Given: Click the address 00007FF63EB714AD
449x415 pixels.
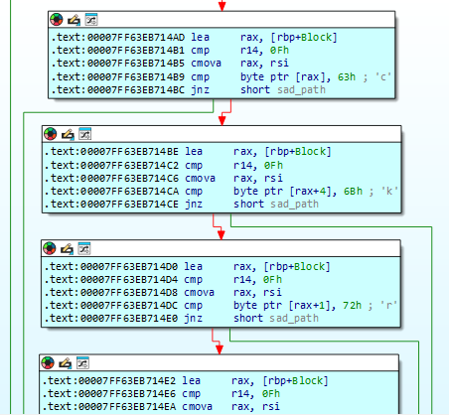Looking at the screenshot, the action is coord(136,37).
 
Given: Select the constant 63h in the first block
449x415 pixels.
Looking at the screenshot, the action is coord(347,76).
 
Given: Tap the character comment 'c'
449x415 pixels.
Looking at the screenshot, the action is coord(383,76).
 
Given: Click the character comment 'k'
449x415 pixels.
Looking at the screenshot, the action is coord(389,191).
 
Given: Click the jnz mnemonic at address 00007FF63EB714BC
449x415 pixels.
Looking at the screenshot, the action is coord(200,89).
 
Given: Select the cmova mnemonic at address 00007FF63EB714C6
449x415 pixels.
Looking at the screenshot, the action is coord(200,178).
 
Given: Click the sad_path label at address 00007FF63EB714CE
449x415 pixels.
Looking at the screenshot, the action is coord(294,204).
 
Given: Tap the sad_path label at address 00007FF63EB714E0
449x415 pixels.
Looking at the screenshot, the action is coord(294,318).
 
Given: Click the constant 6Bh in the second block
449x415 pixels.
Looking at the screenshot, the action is coord(353,191).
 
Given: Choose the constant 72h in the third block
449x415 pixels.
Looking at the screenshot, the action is coord(352,305).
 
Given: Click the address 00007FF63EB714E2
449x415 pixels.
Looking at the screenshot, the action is coord(127,380).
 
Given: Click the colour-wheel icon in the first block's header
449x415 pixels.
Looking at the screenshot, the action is coord(57,20).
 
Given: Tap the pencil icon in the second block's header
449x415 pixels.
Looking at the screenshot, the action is coord(68,134).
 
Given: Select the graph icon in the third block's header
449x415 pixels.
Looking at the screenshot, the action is coord(83,248).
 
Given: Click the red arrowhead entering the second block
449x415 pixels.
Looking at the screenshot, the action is coord(223,120).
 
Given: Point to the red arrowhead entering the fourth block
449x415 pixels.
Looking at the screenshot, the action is coord(220,349).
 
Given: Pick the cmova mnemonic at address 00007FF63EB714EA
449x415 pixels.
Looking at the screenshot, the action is coord(197,406).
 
